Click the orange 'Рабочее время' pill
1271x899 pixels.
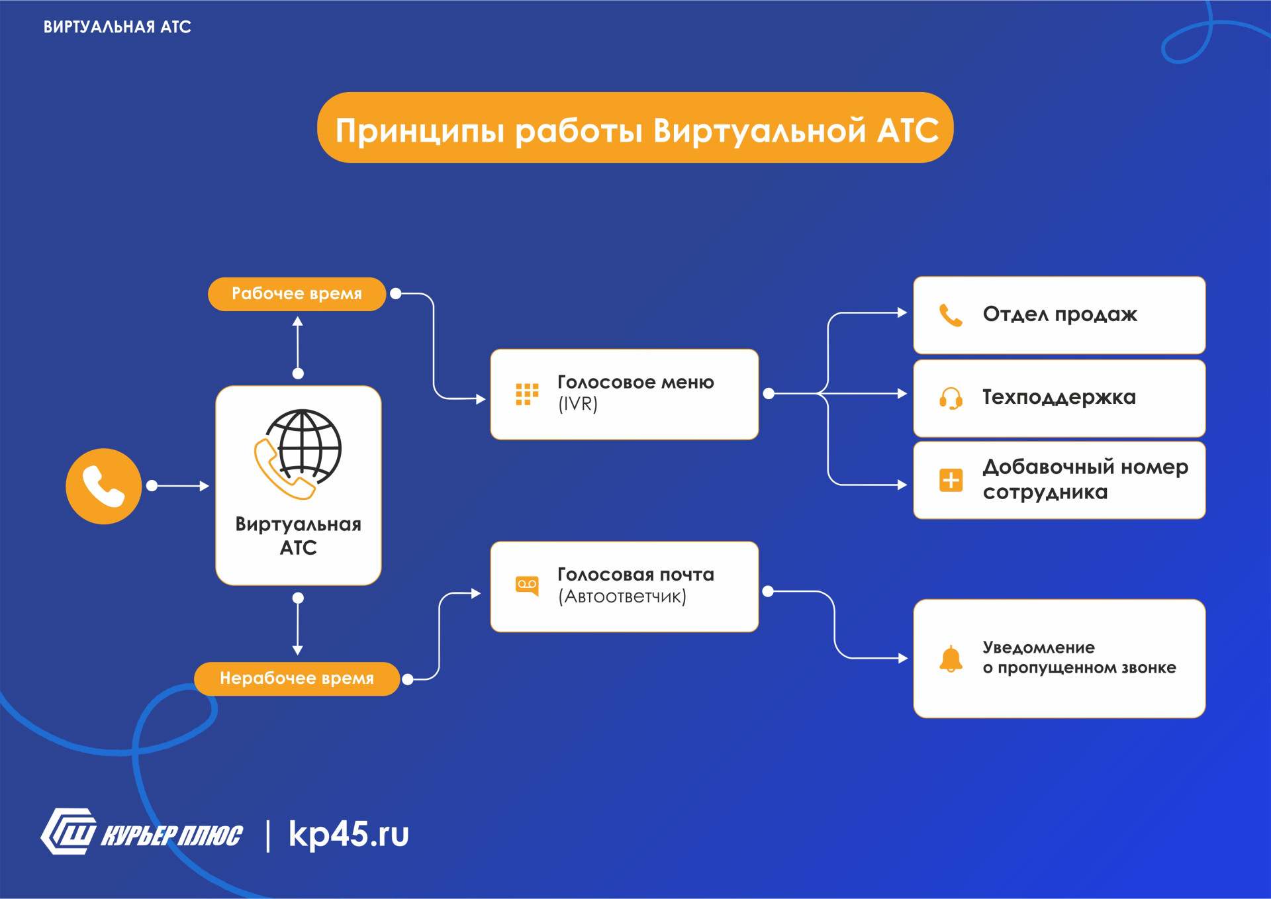(x=297, y=294)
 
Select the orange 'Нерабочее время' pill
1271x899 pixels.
(x=297, y=679)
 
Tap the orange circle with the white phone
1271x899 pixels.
(x=103, y=487)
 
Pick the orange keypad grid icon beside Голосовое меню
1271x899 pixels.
(x=527, y=394)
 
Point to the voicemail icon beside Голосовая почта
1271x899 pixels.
(x=527, y=585)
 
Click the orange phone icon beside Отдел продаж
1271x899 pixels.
(x=951, y=316)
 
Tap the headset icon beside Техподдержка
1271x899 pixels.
(x=951, y=399)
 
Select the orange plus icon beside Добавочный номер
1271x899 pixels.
(x=951, y=480)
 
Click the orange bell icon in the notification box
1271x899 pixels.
(x=951, y=659)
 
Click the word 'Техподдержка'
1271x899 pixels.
(x=1059, y=397)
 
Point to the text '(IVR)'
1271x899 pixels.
(x=578, y=404)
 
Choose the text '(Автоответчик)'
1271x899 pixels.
(x=622, y=596)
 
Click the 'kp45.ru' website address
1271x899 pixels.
(x=349, y=834)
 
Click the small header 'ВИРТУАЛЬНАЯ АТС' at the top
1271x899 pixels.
(x=117, y=27)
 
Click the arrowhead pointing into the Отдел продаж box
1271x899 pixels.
(x=902, y=312)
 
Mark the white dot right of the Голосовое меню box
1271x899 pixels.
(x=769, y=394)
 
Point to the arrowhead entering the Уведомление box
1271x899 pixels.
(x=903, y=658)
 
